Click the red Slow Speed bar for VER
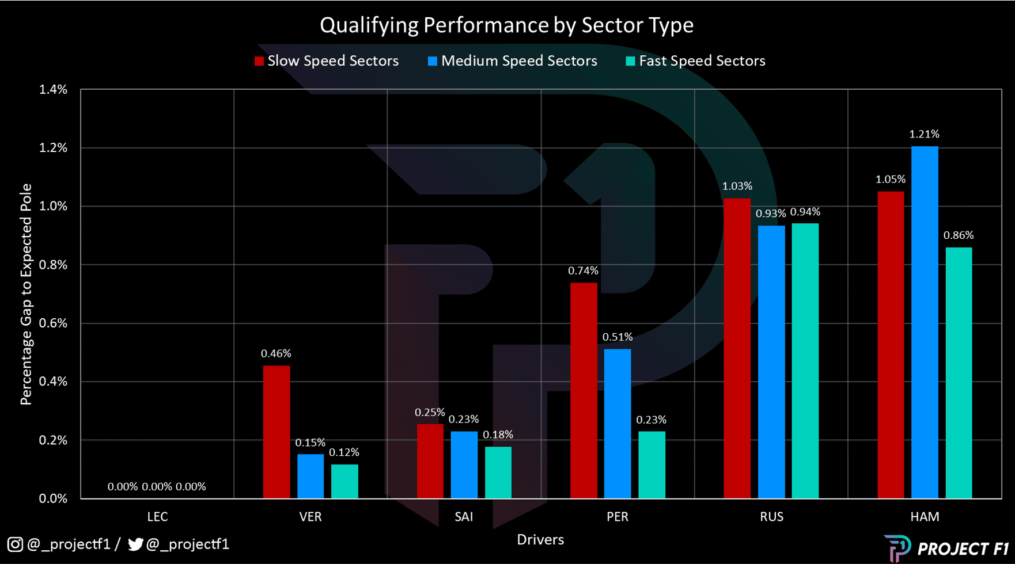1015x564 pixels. point(277,432)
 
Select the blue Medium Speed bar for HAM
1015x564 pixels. point(925,322)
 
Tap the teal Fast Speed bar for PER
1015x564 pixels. point(652,464)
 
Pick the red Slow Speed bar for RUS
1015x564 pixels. point(737,348)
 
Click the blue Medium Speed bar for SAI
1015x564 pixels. point(464,464)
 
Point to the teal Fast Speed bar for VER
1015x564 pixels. point(344,481)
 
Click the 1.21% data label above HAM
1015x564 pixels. point(924,134)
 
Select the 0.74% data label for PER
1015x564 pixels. point(583,270)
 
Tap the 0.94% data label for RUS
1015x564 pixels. point(805,212)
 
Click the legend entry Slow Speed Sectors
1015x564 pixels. point(327,61)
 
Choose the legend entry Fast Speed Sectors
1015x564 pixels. point(695,61)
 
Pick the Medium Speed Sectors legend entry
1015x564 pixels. point(513,61)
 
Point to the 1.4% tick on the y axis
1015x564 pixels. point(53,89)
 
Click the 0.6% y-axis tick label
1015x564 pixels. point(53,323)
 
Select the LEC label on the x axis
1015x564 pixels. point(157,517)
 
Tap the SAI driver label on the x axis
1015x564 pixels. point(464,517)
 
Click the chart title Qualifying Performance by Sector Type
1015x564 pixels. point(506,25)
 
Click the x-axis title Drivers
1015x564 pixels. point(540,540)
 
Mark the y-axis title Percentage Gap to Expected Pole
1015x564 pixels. point(26,294)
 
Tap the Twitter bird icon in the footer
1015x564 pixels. point(135,544)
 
